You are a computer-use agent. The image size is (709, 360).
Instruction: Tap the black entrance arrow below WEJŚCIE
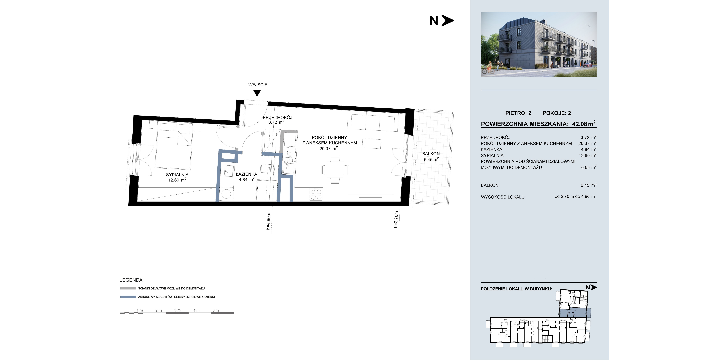257,93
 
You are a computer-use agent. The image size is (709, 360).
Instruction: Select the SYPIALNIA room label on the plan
177,175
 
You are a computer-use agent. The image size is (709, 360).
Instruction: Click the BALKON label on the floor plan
431,154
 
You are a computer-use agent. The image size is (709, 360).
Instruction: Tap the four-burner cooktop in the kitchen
316,194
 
